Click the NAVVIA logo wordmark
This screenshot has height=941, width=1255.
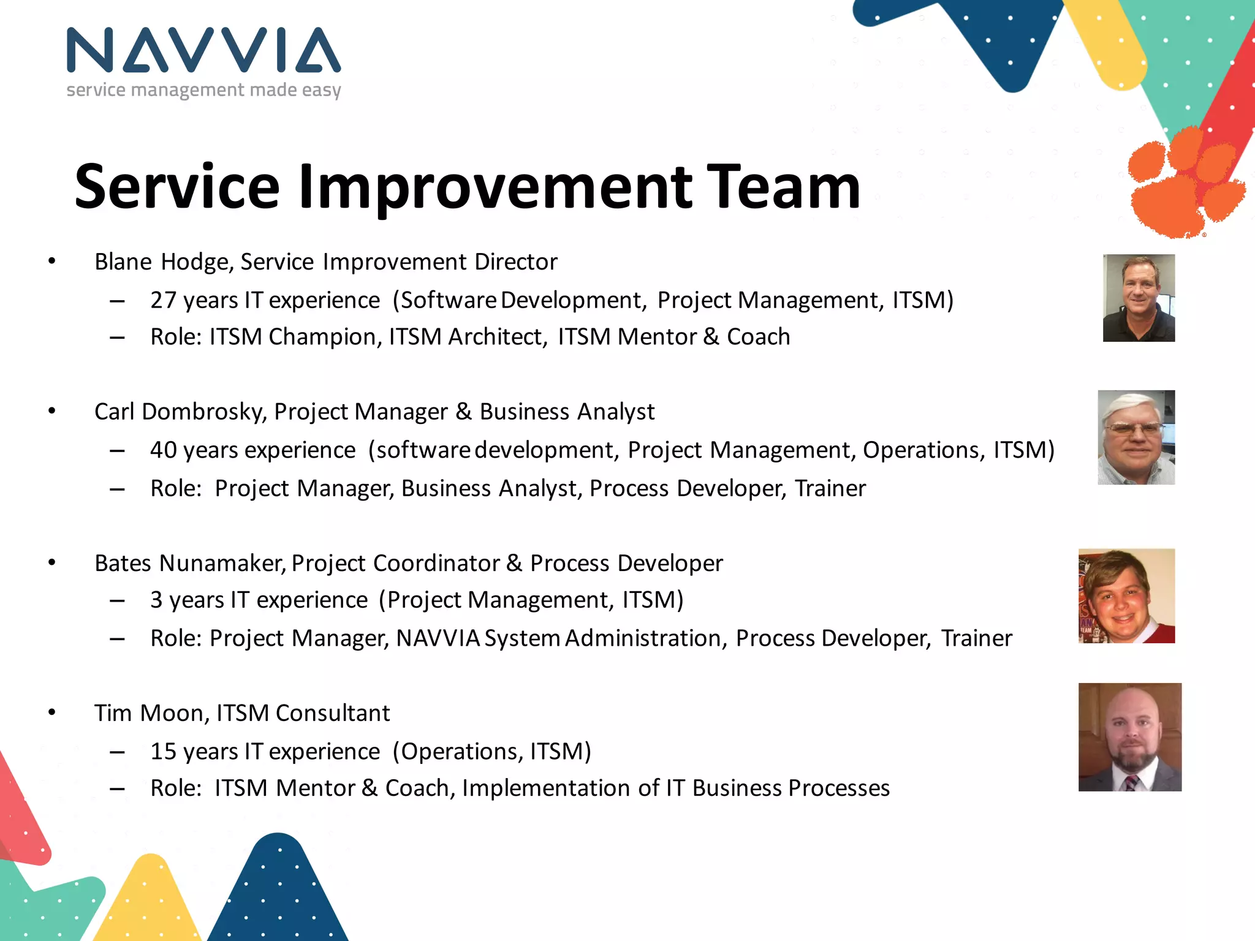(x=203, y=50)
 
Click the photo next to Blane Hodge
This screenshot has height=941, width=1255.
(x=1139, y=298)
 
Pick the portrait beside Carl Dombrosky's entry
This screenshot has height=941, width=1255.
(x=1136, y=437)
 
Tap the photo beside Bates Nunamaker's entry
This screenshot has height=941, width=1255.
(x=1126, y=595)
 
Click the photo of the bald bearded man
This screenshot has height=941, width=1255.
(x=1129, y=736)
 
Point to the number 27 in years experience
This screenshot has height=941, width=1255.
(x=163, y=300)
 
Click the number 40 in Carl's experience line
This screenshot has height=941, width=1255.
(x=163, y=450)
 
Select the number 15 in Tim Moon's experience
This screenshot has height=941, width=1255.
(x=163, y=752)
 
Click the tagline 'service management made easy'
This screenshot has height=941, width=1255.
(x=203, y=90)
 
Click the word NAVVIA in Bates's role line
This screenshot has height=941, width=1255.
(x=438, y=638)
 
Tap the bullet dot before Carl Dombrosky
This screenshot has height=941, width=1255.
(x=52, y=411)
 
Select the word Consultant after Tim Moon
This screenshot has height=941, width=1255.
(x=332, y=713)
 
